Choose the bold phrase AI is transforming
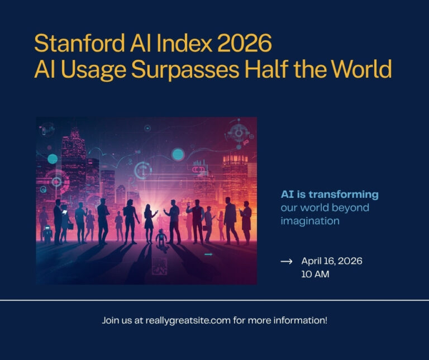click(x=329, y=195)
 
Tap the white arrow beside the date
click(x=286, y=261)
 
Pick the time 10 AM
click(x=315, y=274)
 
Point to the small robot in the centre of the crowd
click(x=162, y=238)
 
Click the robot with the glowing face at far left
click(x=47, y=233)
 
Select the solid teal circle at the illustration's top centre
click(x=178, y=154)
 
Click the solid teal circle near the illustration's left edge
click(x=53, y=159)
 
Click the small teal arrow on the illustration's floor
click(x=208, y=255)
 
